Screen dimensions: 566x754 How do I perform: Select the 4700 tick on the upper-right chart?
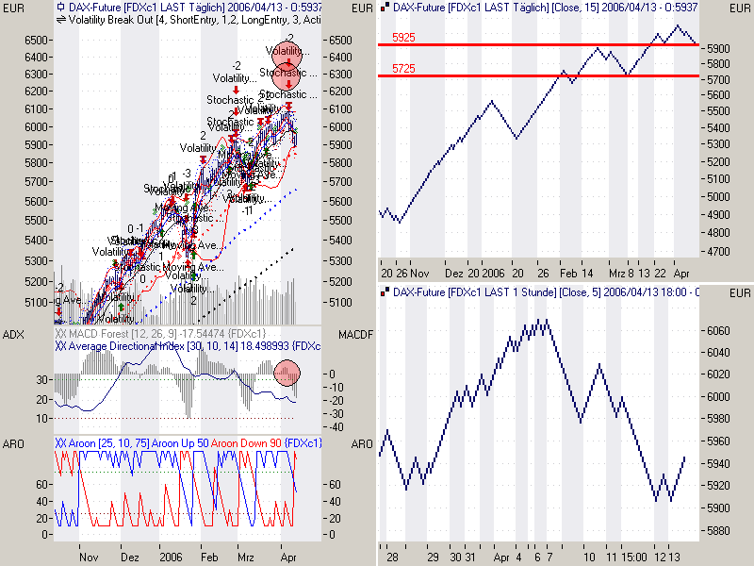(x=717, y=252)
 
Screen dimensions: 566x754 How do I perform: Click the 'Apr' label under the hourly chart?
(x=501, y=558)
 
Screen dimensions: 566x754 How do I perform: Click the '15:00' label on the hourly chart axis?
(x=632, y=558)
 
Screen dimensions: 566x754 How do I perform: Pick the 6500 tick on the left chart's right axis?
(x=337, y=41)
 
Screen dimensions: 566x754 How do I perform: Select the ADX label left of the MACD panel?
(x=15, y=335)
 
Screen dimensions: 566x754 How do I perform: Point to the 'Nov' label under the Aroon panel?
(x=90, y=558)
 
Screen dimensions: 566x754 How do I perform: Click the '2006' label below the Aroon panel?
(x=170, y=558)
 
